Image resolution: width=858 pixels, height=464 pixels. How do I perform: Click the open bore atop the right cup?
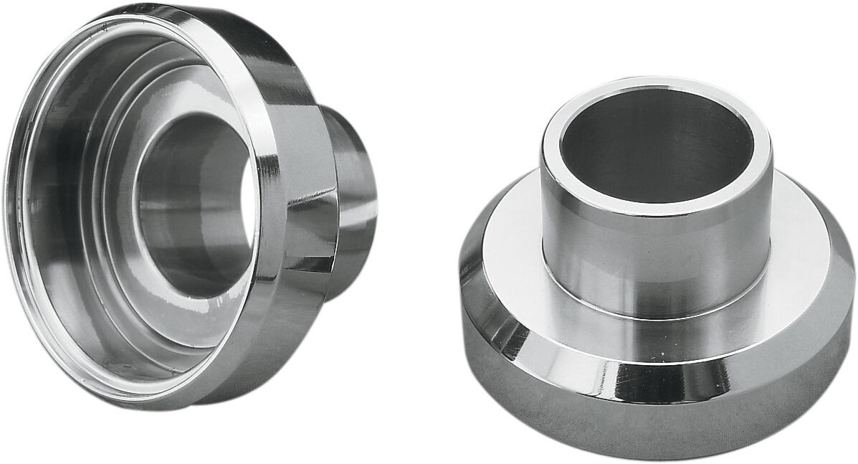(656, 143)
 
